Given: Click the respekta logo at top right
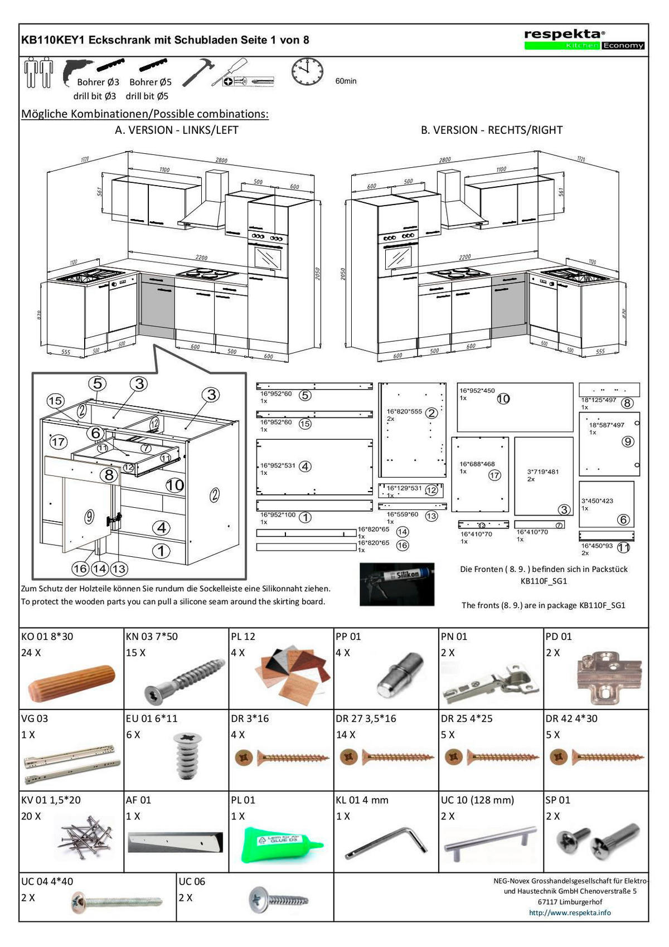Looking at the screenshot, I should click(584, 39).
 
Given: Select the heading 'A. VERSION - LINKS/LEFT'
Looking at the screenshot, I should click(176, 130).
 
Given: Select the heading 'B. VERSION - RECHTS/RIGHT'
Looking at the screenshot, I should click(491, 130).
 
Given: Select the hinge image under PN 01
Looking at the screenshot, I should click(491, 683).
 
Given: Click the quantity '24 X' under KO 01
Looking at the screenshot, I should click(31, 653).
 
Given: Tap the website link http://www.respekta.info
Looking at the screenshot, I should click(570, 912).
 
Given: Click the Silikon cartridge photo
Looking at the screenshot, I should click(397, 584).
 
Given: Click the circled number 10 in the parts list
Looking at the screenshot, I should click(503, 399).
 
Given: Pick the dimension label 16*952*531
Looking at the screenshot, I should click(278, 465).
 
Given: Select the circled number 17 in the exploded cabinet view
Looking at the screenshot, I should click(58, 442).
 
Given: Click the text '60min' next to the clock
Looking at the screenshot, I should click(346, 81).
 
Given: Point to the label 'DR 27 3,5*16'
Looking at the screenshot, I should click(366, 718).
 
